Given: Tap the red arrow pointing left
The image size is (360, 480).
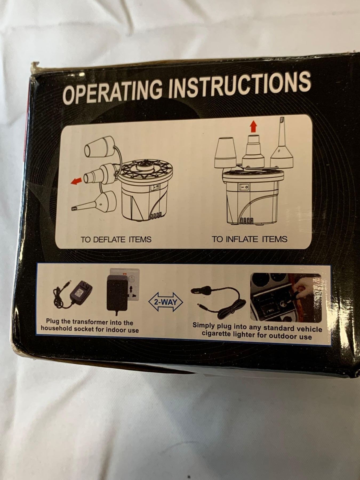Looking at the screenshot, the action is tap(76, 181).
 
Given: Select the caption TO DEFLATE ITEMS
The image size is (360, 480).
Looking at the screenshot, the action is tap(116, 239).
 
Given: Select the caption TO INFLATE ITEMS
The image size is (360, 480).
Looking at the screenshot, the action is tap(250, 239).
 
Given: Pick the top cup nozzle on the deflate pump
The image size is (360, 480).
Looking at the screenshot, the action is tap(100, 148).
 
